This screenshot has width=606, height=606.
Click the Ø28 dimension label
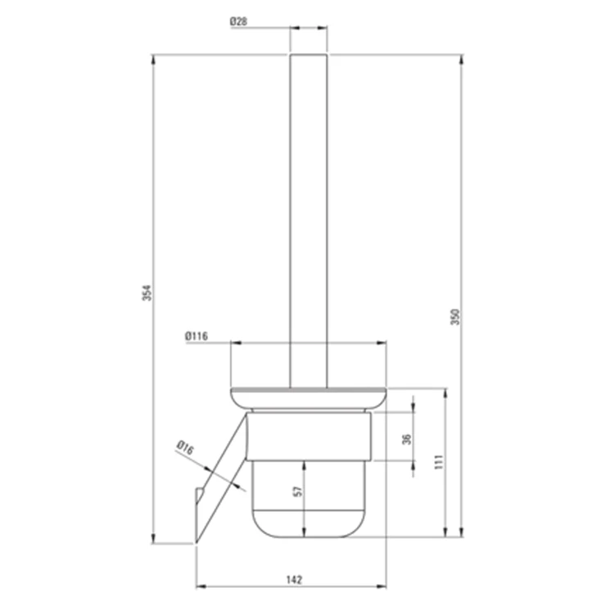click(x=238, y=21)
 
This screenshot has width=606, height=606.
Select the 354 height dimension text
click(x=147, y=293)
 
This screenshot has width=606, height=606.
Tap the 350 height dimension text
click(x=455, y=317)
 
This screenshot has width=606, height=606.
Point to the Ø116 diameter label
click(x=197, y=337)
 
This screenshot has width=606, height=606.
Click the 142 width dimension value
click(x=294, y=580)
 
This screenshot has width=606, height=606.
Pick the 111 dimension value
click(x=439, y=462)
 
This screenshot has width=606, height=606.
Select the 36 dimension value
click(x=406, y=440)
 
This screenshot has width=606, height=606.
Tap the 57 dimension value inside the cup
click(x=298, y=491)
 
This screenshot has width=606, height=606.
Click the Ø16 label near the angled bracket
click(x=185, y=448)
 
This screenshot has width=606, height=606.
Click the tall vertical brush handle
click(x=309, y=220)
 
